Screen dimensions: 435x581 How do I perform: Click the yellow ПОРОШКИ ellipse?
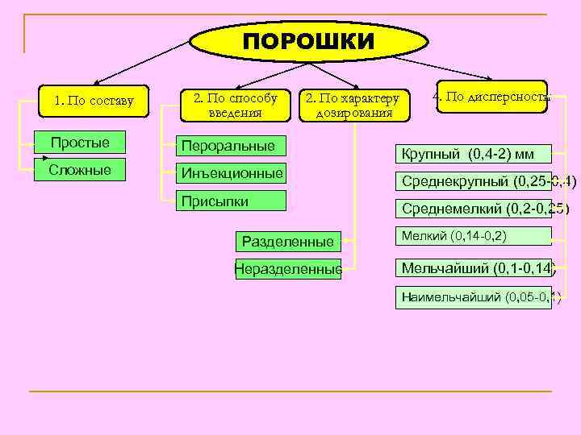309,41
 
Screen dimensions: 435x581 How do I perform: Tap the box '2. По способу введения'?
234,104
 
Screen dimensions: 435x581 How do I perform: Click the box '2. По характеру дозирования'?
353,105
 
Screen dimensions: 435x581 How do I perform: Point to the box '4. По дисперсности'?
491,97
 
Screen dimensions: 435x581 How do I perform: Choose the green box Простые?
80,143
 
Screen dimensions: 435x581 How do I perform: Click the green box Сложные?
80,169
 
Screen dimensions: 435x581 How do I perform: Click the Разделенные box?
287,241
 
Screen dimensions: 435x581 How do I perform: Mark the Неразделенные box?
288,269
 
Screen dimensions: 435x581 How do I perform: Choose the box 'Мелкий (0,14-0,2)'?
473,236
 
